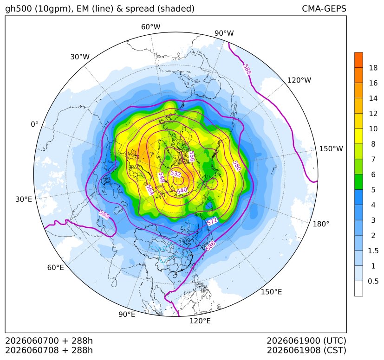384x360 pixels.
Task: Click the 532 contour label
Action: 176,174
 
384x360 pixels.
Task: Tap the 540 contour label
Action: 182,190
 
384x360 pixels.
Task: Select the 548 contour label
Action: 161,177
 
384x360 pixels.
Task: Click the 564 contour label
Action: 150,190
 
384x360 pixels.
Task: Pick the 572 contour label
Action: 212,221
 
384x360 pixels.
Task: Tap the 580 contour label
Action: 237,166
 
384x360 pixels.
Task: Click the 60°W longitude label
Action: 150,27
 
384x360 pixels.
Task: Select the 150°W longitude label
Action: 331,148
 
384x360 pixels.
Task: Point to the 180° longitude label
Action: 321,224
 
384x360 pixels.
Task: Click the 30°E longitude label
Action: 24,199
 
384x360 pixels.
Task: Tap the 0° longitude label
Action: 34,124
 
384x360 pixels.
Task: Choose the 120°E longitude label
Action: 200,321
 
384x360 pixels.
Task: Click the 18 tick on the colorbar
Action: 373,68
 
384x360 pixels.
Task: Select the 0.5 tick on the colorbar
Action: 373,281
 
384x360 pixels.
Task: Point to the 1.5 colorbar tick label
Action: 373,251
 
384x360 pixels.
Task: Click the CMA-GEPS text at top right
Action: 324,9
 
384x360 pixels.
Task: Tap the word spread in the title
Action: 140,9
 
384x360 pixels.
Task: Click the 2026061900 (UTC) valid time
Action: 306,341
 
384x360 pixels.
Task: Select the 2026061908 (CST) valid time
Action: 306,350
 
